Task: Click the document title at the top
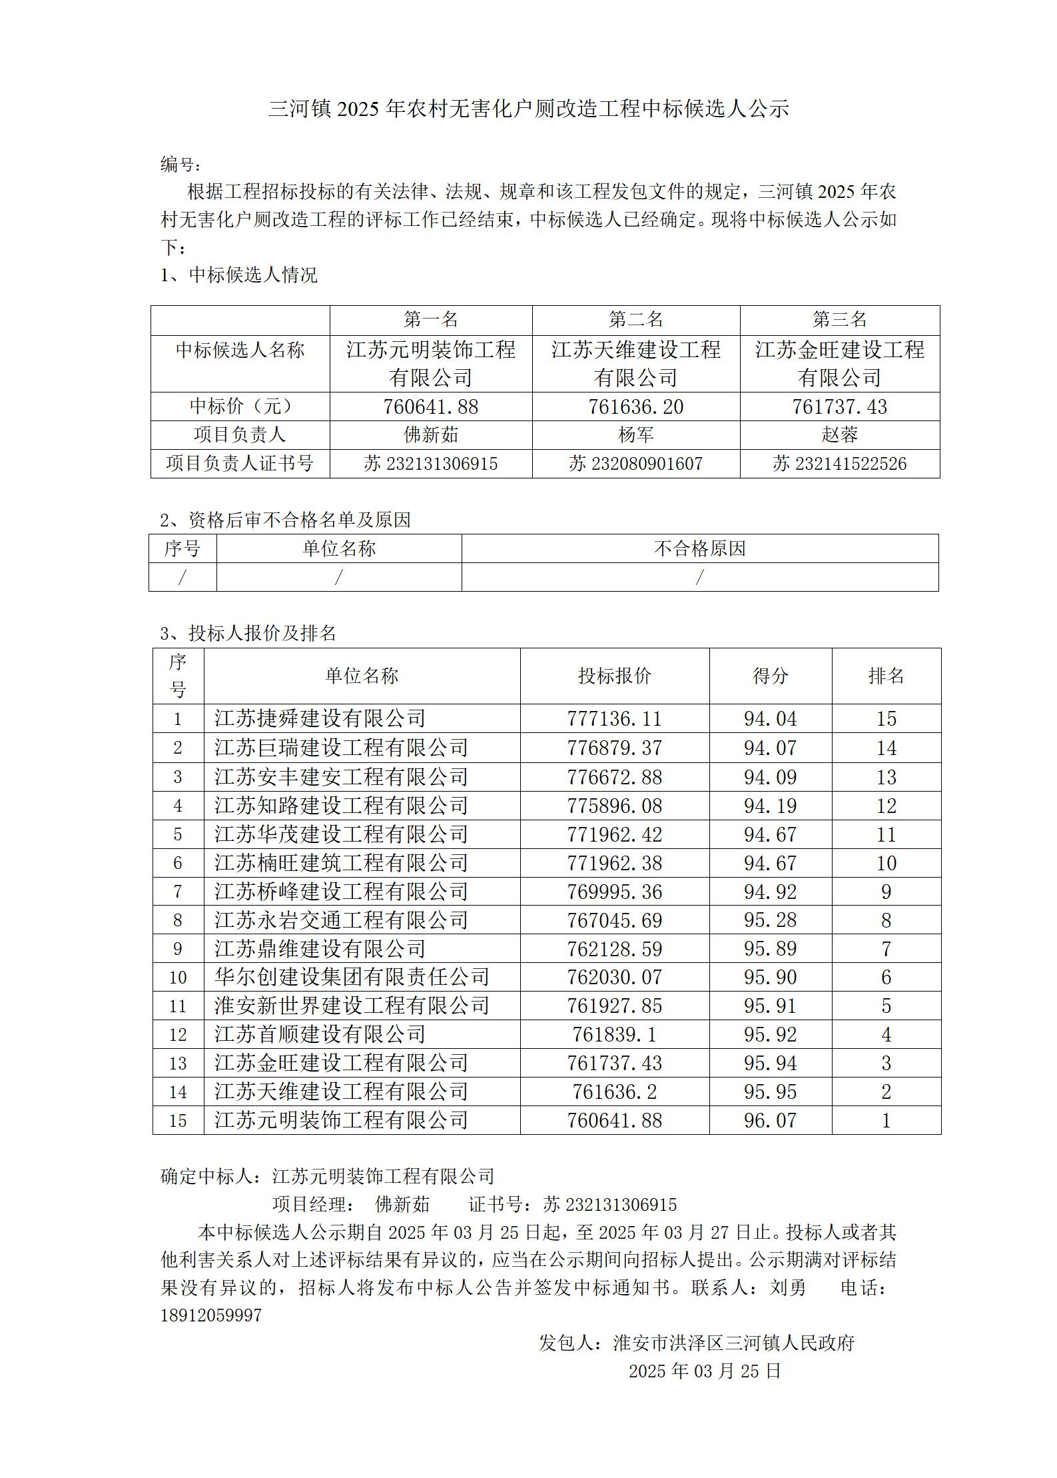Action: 528,109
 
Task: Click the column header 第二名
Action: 635,320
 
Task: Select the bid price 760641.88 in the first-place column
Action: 431,406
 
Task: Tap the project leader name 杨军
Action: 635,435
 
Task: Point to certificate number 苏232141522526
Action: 839,464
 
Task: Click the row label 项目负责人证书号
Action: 240,464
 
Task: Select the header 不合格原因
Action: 699,549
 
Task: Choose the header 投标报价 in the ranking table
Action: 614,676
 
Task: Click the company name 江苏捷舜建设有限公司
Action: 320,718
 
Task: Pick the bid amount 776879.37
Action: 614,748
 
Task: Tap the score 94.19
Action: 770,806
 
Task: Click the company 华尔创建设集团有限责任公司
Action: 352,977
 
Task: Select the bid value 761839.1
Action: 614,1034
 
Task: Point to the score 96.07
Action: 770,1120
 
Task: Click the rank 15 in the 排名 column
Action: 886,718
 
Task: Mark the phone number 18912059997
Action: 211,1315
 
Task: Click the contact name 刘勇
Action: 788,1287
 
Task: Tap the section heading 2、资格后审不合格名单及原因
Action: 286,520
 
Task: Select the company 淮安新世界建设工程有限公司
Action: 352,1006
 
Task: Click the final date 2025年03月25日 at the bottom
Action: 705,1370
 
